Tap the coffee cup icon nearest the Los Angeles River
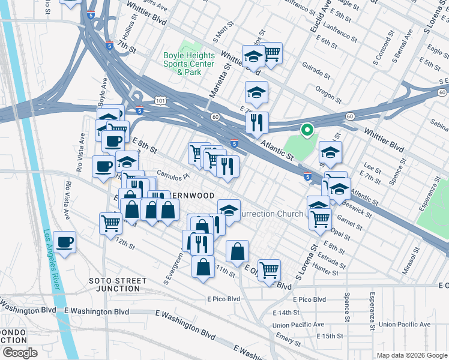(64, 242)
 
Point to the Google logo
(19, 352)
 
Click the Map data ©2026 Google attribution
(411, 355)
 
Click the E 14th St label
(286, 313)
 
